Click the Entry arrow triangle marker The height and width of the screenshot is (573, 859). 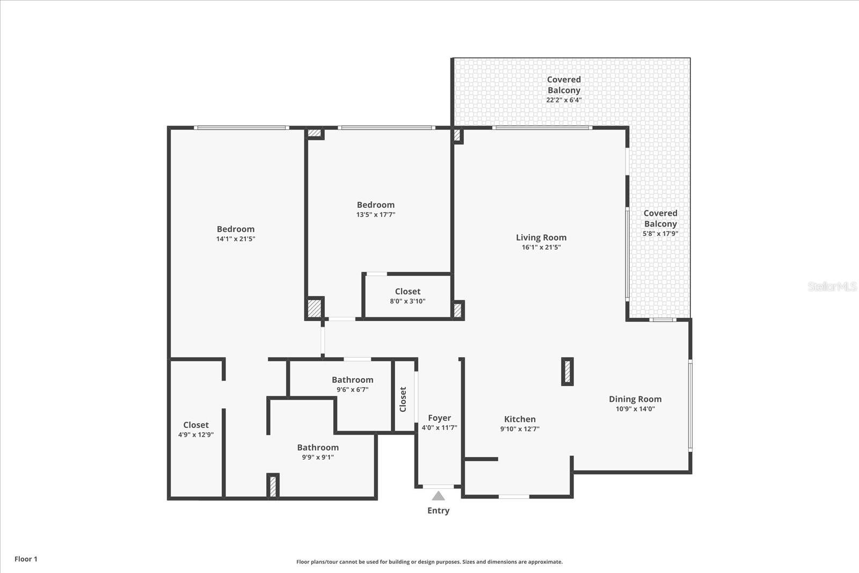click(x=439, y=496)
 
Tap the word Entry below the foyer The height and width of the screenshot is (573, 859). click(x=439, y=511)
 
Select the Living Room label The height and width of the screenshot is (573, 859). click(x=541, y=237)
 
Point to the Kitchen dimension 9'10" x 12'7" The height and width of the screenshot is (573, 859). click(x=520, y=429)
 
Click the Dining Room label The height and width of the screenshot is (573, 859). click(x=635, y=399)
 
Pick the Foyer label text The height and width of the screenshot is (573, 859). click(x=439, y=418)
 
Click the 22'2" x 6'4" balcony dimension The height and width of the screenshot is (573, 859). click(x=564, y=100)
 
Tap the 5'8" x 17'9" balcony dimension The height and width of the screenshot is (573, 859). click(x=660, y=234)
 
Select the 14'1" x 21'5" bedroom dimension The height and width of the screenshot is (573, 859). click(x=236, y=239)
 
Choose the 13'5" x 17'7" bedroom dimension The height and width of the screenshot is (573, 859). click(x=376, y=215)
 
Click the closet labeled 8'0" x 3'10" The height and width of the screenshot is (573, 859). click(x=407, y=296)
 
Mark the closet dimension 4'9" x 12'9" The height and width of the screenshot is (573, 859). click(x=196, y=435)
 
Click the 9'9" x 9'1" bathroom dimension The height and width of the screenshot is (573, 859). click(x=318, y=458)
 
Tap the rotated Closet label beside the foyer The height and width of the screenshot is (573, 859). click(x=403, y=399)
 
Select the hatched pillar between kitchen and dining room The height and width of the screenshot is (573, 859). click(x=567, y=372)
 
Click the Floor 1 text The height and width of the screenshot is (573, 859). click(x=26, y=559)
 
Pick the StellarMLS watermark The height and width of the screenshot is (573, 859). click(x=832, y=287)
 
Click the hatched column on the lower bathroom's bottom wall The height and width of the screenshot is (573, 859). click(x=273, y=486)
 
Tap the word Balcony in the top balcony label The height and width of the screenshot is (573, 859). click(x=564, y=90)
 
